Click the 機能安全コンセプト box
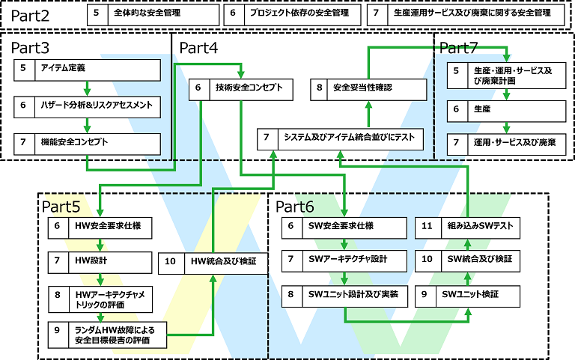(x=88, y=142)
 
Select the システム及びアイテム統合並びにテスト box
(x=341, y=138)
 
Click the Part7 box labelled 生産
(x=506, y=109)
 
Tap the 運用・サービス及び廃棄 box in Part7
(x=506, y=142)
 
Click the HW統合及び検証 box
(x=213, y=262)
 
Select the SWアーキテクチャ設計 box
(x=344, y=259)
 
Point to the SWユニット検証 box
(x=468, y=295)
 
